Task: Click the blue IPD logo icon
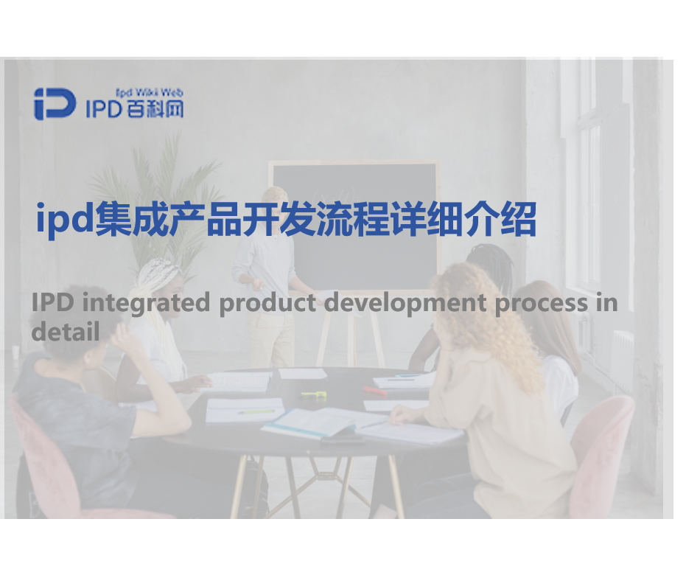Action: click(x=55, y=104)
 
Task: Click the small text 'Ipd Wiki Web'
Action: click(x=149, y=93)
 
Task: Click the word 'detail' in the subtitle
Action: click(x=65, y=330)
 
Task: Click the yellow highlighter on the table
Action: click(x=313, y=395)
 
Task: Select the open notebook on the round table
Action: click(x=324, y=422)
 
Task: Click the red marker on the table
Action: click(x=374, y=390)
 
